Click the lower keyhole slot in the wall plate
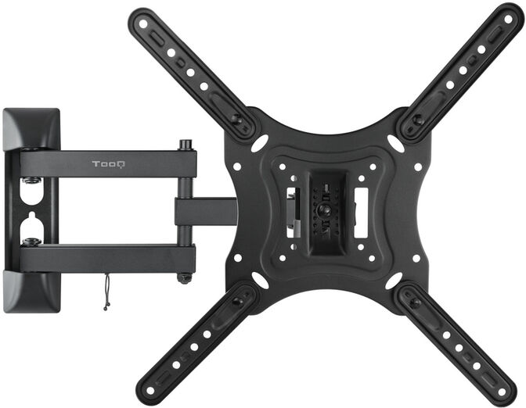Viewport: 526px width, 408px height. (x=31, y=227)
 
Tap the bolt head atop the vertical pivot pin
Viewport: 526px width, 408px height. (x=186, y=145)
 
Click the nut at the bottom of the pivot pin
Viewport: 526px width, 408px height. (x=185, y=277)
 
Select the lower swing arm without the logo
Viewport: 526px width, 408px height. (x=110, y=256)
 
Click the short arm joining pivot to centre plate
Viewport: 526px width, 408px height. (x=205, y=211)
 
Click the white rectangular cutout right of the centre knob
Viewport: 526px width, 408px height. (x=361, y=211)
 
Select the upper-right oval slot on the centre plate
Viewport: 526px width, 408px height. (x=396, y=144)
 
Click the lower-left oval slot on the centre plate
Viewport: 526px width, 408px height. (x=259, y=280)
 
